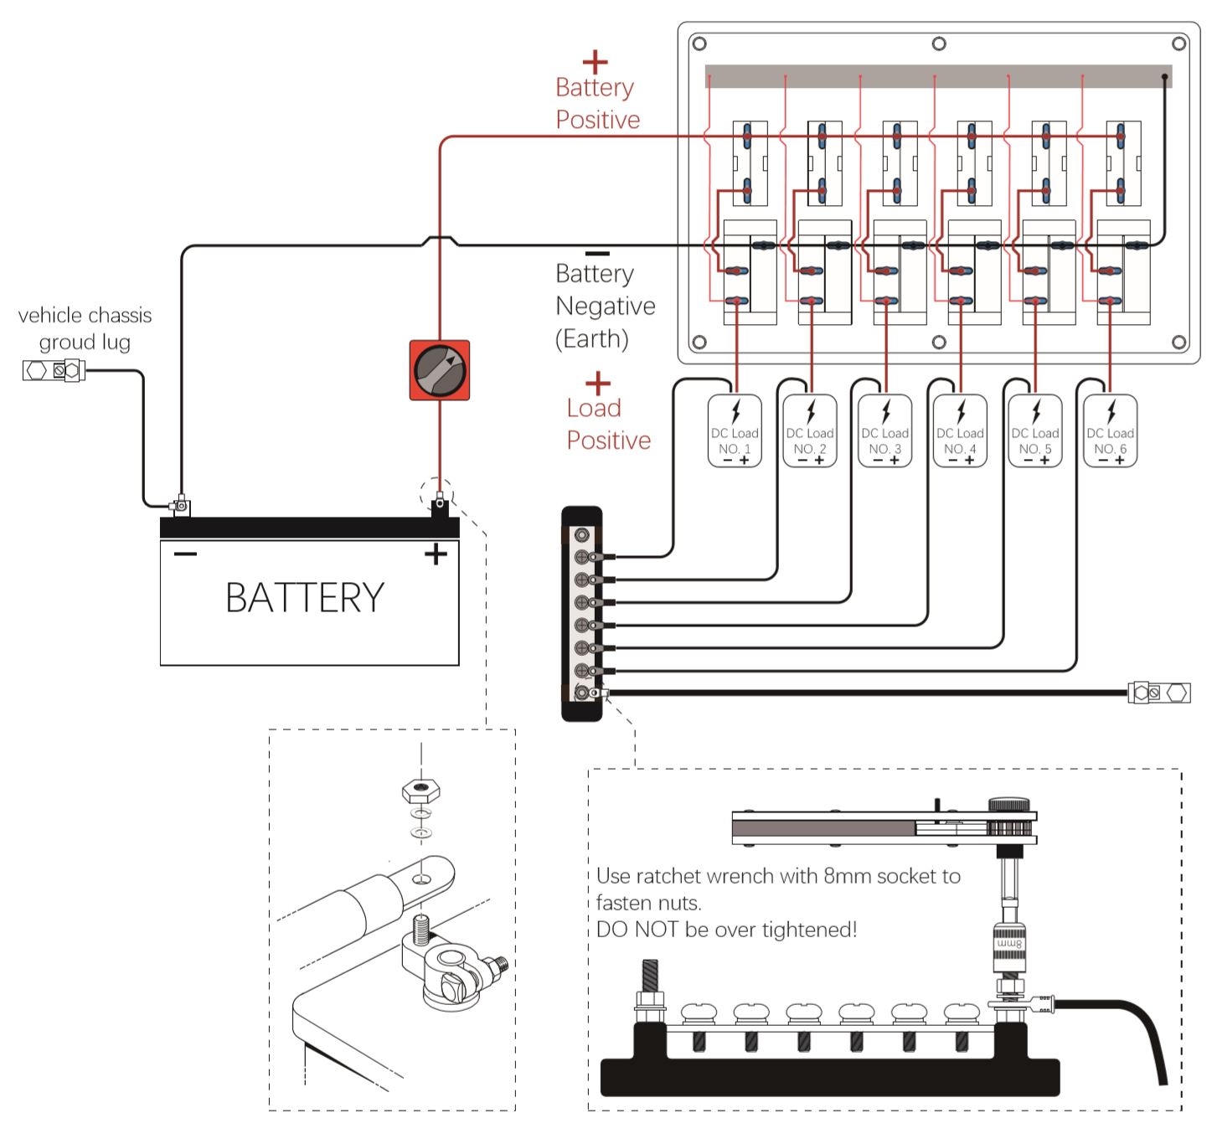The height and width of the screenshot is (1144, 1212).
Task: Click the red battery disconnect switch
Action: coord(440,370)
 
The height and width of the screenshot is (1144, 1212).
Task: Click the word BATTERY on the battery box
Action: coord(305,598)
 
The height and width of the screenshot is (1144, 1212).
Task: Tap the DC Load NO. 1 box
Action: coord(735,430)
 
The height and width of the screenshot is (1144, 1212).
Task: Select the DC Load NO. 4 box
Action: coord(960,430)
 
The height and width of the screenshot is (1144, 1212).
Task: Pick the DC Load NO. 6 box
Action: coord(1110,430)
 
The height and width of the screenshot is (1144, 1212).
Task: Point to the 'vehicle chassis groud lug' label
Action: coord(85,328)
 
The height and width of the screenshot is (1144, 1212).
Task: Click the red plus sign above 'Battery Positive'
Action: coord(595,63)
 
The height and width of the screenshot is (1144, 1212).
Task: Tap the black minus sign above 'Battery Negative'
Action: coord(597,253)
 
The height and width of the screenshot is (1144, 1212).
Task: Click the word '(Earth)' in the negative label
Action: coord(591,339)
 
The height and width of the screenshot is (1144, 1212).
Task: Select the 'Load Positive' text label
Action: coord(607,425)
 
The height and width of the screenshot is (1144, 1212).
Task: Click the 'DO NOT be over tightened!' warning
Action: coord(726,930)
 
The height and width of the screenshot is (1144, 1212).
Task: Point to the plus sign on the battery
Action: coord(436,554)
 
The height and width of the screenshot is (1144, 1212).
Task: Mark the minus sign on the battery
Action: coord(185,554)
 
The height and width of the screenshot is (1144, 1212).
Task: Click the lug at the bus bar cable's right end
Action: coord(1159,693)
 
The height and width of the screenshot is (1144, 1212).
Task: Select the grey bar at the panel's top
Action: coord(938,76)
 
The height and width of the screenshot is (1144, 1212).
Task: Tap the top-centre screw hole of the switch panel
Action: coord(939,44)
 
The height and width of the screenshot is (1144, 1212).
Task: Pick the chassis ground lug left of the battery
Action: coord(54,370)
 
